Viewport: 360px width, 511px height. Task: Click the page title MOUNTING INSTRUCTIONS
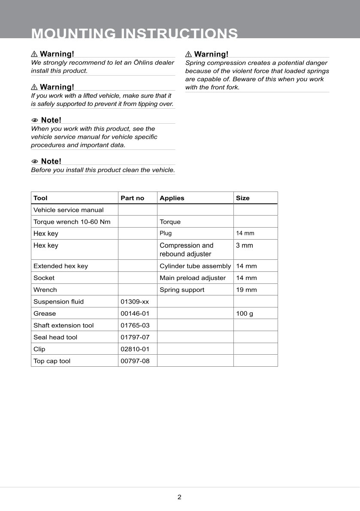pos(134,33)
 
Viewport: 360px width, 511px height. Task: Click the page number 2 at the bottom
pos(179,497)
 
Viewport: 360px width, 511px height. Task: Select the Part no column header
pos(132,198)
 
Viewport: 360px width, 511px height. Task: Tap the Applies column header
pos(172,198)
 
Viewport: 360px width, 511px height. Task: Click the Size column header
pos(242,198)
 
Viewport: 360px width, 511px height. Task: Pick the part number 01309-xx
pos(135,301)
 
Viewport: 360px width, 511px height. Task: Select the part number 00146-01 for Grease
pos(135,313)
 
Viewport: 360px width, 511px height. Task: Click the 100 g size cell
pos(245,313)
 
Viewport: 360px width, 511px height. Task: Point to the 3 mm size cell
pos(245,246)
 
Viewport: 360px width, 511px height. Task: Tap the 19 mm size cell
pos(246,290)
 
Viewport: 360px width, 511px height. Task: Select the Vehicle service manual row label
pos(68,210)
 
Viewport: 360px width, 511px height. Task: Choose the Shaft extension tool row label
pos(64,325)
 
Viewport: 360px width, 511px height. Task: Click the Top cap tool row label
pos(52,361)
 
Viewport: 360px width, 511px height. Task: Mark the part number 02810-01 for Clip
pos(135,349)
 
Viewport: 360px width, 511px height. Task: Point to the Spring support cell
pos(182,290)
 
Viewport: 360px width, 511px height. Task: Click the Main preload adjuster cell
pos(192,278)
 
